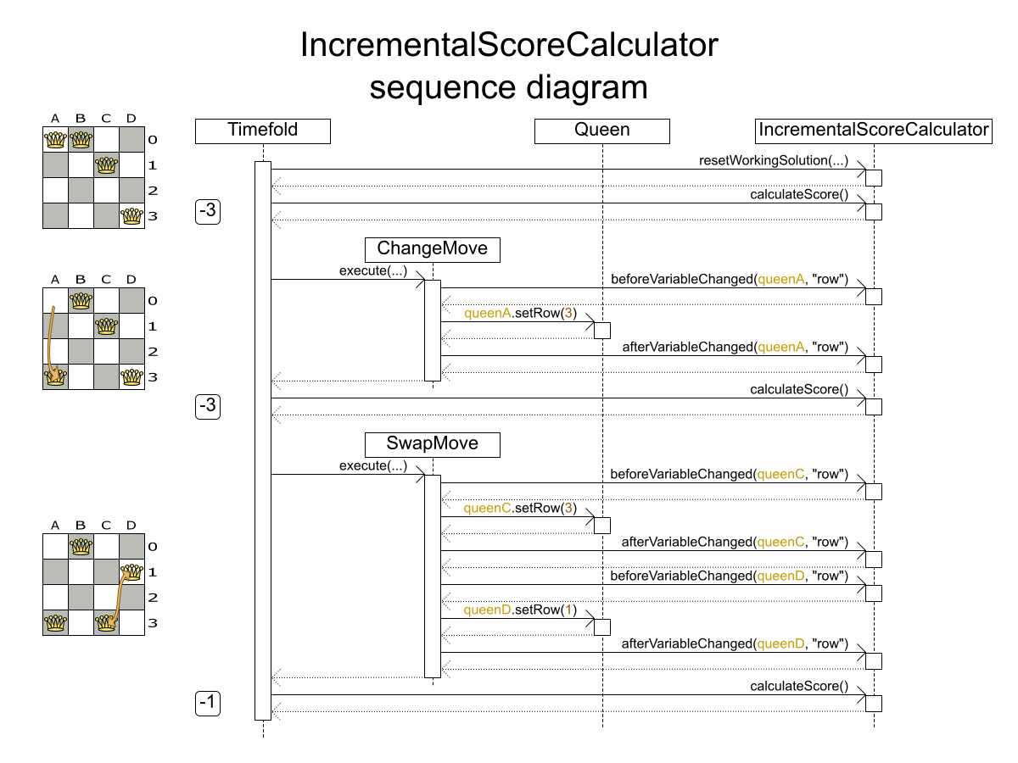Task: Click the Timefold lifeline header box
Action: (x=262, y=131)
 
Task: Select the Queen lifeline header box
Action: (x=601, y=131)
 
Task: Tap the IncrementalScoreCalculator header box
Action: (x=873, y=131)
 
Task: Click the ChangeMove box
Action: (x=432, y=249)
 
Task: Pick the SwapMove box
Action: (x=432, y=444)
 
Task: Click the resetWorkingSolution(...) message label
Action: (x=773, y=160)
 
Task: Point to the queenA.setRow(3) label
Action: (x=520, y=314)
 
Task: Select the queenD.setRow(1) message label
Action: (x=520, y=610)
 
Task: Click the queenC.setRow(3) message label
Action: (x=520, y=509)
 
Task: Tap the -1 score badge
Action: (x=208, y=703)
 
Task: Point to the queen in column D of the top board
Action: (x=131, y=216)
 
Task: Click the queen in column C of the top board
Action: (x=106, y=165)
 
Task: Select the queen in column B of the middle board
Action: (x=81, y=301)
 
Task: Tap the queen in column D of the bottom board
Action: (x=131, y=572)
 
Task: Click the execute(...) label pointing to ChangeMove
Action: (x=372, y=271)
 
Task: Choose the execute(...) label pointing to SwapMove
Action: (x=372, y=466)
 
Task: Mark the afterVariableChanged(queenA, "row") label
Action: (x=736, y=347)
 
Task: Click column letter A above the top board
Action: (x=55, y=118)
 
